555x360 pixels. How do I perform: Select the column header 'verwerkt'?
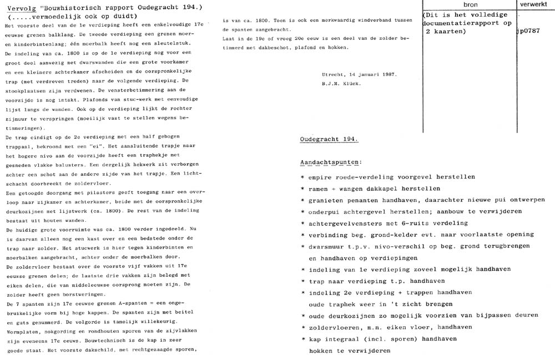click(534, 4)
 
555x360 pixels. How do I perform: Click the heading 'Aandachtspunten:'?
click(331, 163)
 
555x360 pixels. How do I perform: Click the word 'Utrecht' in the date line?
click(335, 74)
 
